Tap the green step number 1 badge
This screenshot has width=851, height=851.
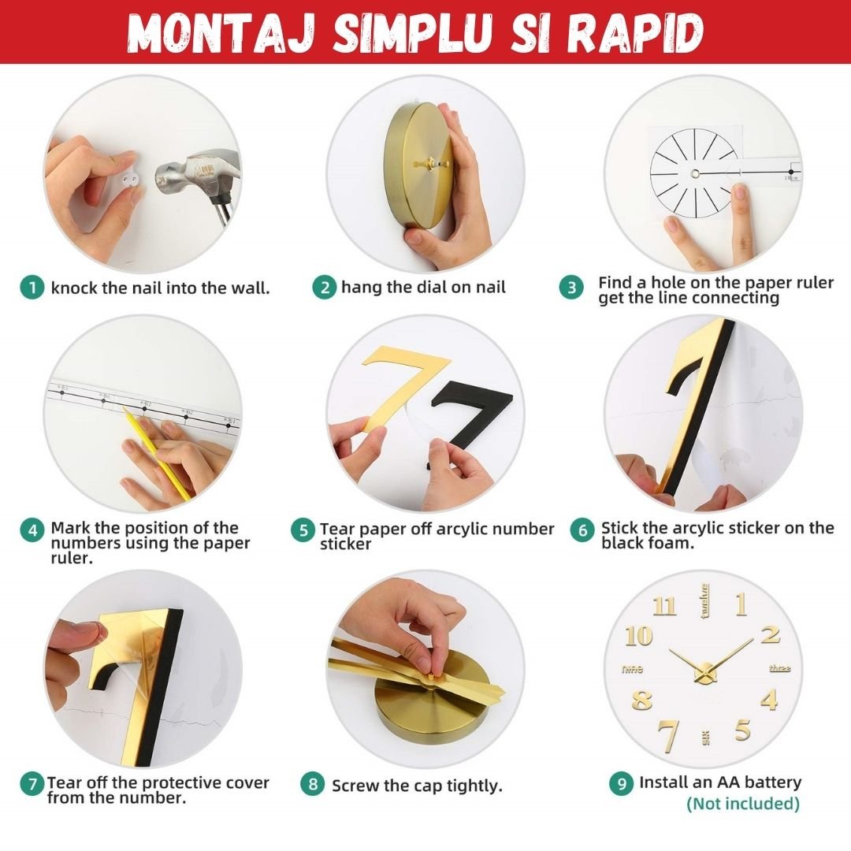(x=32, y=287)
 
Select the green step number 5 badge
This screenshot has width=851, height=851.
(x=303, y=530)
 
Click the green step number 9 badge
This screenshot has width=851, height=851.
(x=622, y=784)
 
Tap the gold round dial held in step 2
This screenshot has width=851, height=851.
(x=418, y=165)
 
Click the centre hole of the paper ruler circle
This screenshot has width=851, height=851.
(x=695, y=173)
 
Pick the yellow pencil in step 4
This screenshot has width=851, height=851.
(x=157, y=452)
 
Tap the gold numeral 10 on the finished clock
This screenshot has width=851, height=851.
(x=638, y=636)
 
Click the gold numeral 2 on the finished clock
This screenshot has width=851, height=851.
(x=771, y=634)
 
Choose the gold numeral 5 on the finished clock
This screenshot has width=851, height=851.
(x=743, y=730)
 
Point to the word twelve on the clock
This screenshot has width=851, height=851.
(x=704, y=600)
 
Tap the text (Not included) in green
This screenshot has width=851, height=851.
(x=743, y=803)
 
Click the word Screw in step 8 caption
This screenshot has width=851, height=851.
(x=355, y=786)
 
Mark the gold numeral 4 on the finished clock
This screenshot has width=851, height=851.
(x=768, y=700)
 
